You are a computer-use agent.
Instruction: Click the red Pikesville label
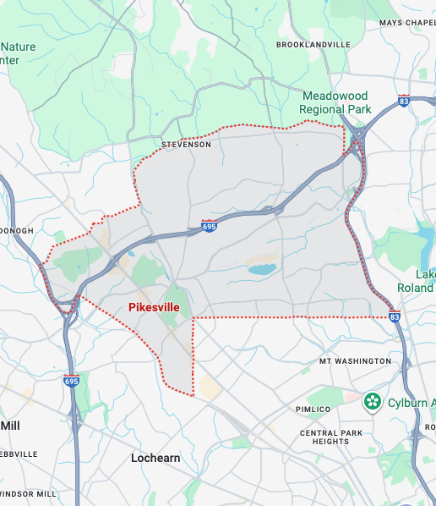coord(153,308)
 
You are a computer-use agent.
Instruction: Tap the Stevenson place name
coord(187,145)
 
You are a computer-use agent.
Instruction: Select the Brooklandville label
coord(313,44)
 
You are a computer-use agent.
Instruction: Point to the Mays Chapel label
coord(406,23)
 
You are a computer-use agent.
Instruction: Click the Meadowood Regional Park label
coord(336,103)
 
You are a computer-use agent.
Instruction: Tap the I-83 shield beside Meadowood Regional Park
coord(404,101)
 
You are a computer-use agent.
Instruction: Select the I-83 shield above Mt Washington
coord(395,316)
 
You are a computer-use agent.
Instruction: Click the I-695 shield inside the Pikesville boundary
coord(209,226)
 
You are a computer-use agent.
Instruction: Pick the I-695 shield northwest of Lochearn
coord(71,381)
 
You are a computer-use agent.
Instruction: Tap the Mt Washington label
coord(355,361)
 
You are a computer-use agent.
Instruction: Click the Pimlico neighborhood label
coord(319,410)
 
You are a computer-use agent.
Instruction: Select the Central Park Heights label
coord(324,437)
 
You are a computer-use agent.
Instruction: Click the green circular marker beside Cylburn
coord(370,401)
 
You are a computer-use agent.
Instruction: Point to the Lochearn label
coord(155,458)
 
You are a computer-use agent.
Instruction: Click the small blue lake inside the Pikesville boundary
coord(262,270)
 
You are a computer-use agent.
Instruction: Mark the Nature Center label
coord(19,53)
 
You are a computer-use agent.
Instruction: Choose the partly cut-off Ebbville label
coord(19,454)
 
